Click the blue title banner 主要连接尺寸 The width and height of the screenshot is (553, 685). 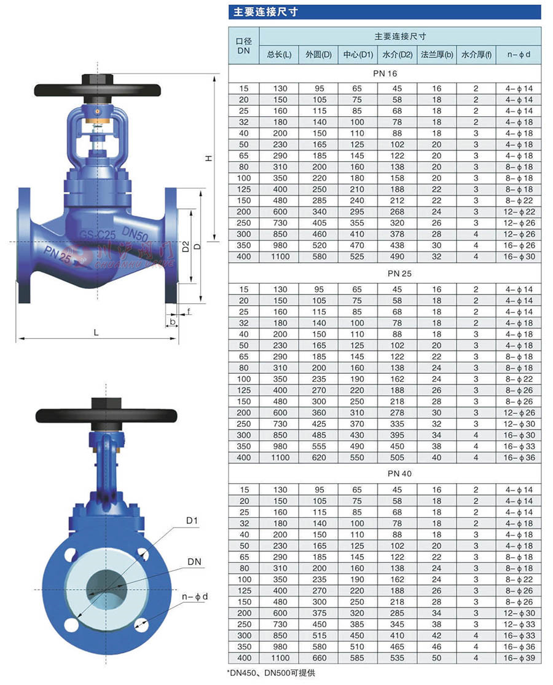pyautogui.click(x=385, y=12)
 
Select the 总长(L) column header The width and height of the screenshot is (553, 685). pyautogui.click(x=279, y=55)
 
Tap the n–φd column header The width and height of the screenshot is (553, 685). pyautogui.click(x=519, y=55)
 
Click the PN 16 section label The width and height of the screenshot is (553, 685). pyautogui.click(x=385, y=73)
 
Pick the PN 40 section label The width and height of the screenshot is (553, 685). pyautogui.click(x=399, y=473)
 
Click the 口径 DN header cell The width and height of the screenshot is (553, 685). pyautogui.click(x=243, y=46)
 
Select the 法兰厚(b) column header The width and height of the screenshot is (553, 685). pyautogui.click(x=437, y=55)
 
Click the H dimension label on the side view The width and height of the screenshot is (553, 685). pyautogui.click(x=209, y=158)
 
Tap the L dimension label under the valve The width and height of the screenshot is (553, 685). pyautogui.click(x=96, y=333)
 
